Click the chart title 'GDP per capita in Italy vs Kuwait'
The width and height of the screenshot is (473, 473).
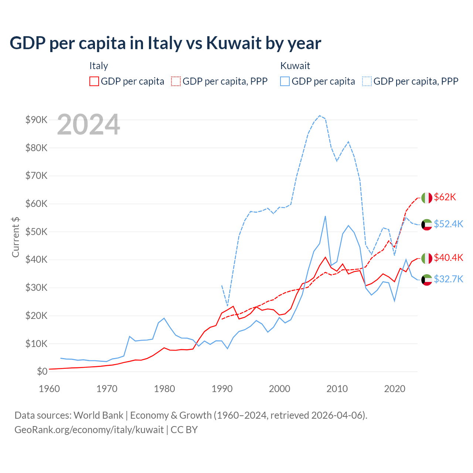pos(165,43)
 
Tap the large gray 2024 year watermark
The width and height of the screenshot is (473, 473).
pos(89,125)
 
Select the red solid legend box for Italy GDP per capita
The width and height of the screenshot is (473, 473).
pos(94,81)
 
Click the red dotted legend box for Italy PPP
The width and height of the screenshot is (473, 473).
pos(176,81)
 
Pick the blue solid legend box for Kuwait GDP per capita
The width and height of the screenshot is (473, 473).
pos(285,81)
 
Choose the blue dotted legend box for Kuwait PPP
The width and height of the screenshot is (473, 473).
pos(367,81)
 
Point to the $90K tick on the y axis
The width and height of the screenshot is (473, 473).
pos(36,120)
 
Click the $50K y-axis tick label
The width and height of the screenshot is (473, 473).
pos(36,232)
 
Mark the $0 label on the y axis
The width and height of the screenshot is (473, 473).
pos(42,371)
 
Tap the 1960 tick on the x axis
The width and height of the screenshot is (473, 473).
pos(49,389)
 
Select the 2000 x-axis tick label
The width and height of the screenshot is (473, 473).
pos(279,389)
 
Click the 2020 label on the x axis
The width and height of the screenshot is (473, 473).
pos(395,389)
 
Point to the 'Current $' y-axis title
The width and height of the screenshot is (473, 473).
pos(16,237)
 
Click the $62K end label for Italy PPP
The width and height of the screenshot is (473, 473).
pos(445,197)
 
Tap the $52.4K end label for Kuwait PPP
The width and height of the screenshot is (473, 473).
pos(448,224)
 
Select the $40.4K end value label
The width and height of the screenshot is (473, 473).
pos(448,258)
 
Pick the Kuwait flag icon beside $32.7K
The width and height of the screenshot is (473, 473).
pos(427,280)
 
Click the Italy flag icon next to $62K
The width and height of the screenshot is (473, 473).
pos(427,198)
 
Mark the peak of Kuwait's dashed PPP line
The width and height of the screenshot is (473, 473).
pos(320,116)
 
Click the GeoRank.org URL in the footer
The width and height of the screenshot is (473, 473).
pos(89,430)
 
